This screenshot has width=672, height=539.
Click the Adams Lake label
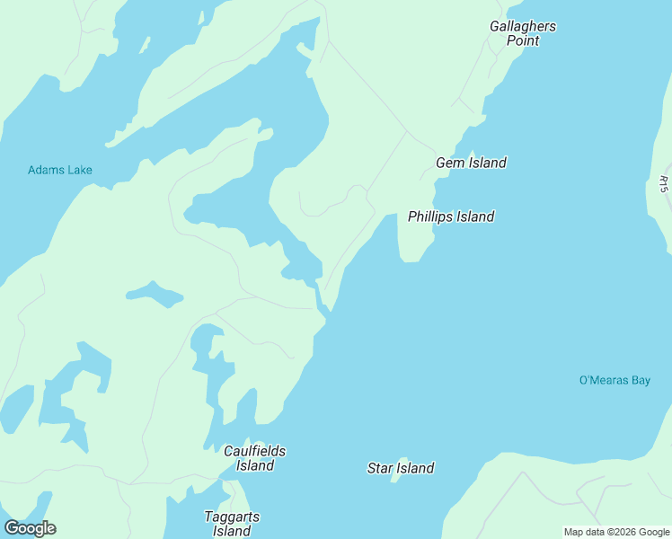click(x=60, y=170)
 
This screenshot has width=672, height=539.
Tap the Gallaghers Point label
click(x=522, y=33)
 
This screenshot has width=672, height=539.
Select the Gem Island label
click(x=471, y=163)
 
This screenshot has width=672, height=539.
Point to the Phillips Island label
click(x=451, y=216)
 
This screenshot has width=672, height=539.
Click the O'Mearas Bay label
click(x=615, y=380)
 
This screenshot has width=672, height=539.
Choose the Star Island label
click(x=401, y=468)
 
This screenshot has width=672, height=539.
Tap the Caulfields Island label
click(x=255, y=458)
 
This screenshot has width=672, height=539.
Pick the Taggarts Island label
click(x=232, y=524)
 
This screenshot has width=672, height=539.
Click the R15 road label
click(x=663, y=183)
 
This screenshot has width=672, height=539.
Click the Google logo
click(x=30, y=528)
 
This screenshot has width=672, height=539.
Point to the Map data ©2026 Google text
click(x=616, y=532)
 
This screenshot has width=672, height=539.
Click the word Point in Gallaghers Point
click(x=522, y=40)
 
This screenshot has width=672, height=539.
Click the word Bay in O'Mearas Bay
click(x=640, y=380)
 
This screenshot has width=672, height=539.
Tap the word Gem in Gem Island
click(x=450, y=163)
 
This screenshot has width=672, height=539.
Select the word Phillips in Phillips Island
click(x=430, y=216)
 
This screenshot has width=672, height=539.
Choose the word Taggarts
click(x=232, y=517)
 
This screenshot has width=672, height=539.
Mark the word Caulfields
click(x=255, y=451)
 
